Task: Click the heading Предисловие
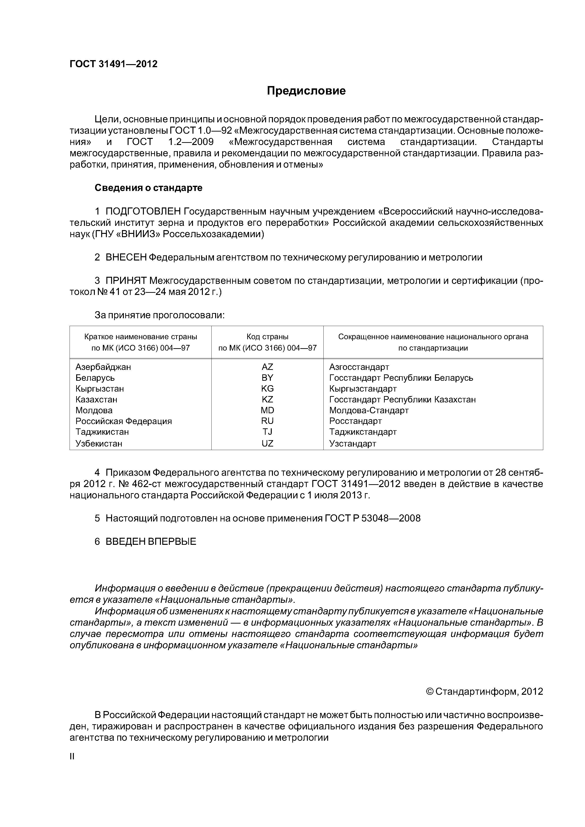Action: tap(306, 91)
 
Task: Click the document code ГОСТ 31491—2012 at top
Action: tap(113, 64)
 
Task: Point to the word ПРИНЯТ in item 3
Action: tap(126, 281)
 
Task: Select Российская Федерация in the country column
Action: tap(124, 421)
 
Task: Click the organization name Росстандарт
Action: tap(355, 421)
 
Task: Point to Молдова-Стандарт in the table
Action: tap(369, 410)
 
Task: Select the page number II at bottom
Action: tap(72, 757)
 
